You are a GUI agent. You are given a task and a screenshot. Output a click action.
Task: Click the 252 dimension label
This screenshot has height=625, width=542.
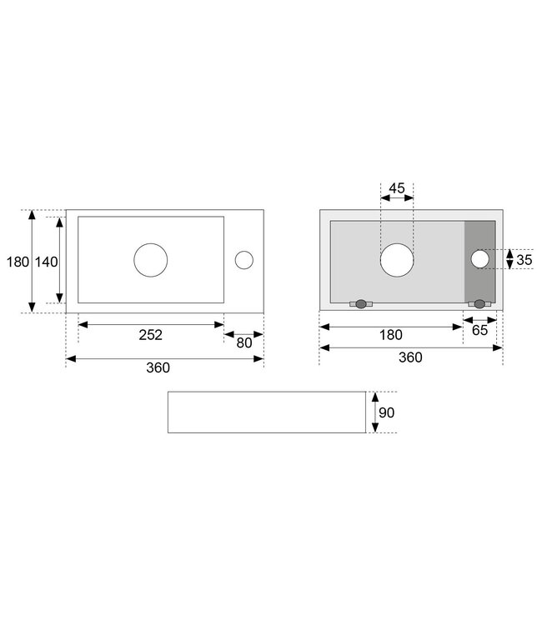coord(151,334)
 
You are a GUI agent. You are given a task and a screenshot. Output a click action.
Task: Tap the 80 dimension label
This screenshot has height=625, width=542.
coord(244,342)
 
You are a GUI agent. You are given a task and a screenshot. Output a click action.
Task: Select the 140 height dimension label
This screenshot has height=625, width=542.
coord(47,262)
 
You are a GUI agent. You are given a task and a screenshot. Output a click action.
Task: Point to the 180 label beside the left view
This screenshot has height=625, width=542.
coord(18,262)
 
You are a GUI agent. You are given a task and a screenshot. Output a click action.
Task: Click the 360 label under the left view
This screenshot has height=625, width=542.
coord(158,367)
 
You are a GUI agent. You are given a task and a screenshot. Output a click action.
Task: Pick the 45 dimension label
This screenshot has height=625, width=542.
coord(397,187)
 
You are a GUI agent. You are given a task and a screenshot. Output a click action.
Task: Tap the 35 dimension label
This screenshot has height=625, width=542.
coord(524,260)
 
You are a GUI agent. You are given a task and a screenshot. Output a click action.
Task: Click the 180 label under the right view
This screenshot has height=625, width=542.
coord(390,335)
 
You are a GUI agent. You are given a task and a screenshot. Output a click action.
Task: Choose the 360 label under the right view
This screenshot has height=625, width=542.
coord(410,357)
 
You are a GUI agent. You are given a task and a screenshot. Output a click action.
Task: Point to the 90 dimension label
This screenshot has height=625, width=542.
coord(387,412)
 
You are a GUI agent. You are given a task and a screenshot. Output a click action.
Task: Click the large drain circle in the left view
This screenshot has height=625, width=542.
coord(151,260)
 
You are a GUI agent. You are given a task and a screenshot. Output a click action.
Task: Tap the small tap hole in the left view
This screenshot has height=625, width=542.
coord(243,260)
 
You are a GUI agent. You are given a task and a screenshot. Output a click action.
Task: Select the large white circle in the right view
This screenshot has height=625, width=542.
coord(397,260)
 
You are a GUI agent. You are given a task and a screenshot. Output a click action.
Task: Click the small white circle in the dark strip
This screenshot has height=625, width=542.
coord(480,259)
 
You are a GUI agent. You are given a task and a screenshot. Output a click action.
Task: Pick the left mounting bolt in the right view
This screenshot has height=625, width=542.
coord(361,304)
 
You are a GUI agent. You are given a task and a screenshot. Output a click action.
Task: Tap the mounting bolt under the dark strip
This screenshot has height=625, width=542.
coord(479,304)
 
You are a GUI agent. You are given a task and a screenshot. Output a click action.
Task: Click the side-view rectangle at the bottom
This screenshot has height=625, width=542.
coord(267,412)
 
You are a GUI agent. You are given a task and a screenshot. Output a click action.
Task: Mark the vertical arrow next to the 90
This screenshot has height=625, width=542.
coord(375,412)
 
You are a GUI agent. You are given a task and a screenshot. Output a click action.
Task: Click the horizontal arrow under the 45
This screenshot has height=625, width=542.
coord(397,199)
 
